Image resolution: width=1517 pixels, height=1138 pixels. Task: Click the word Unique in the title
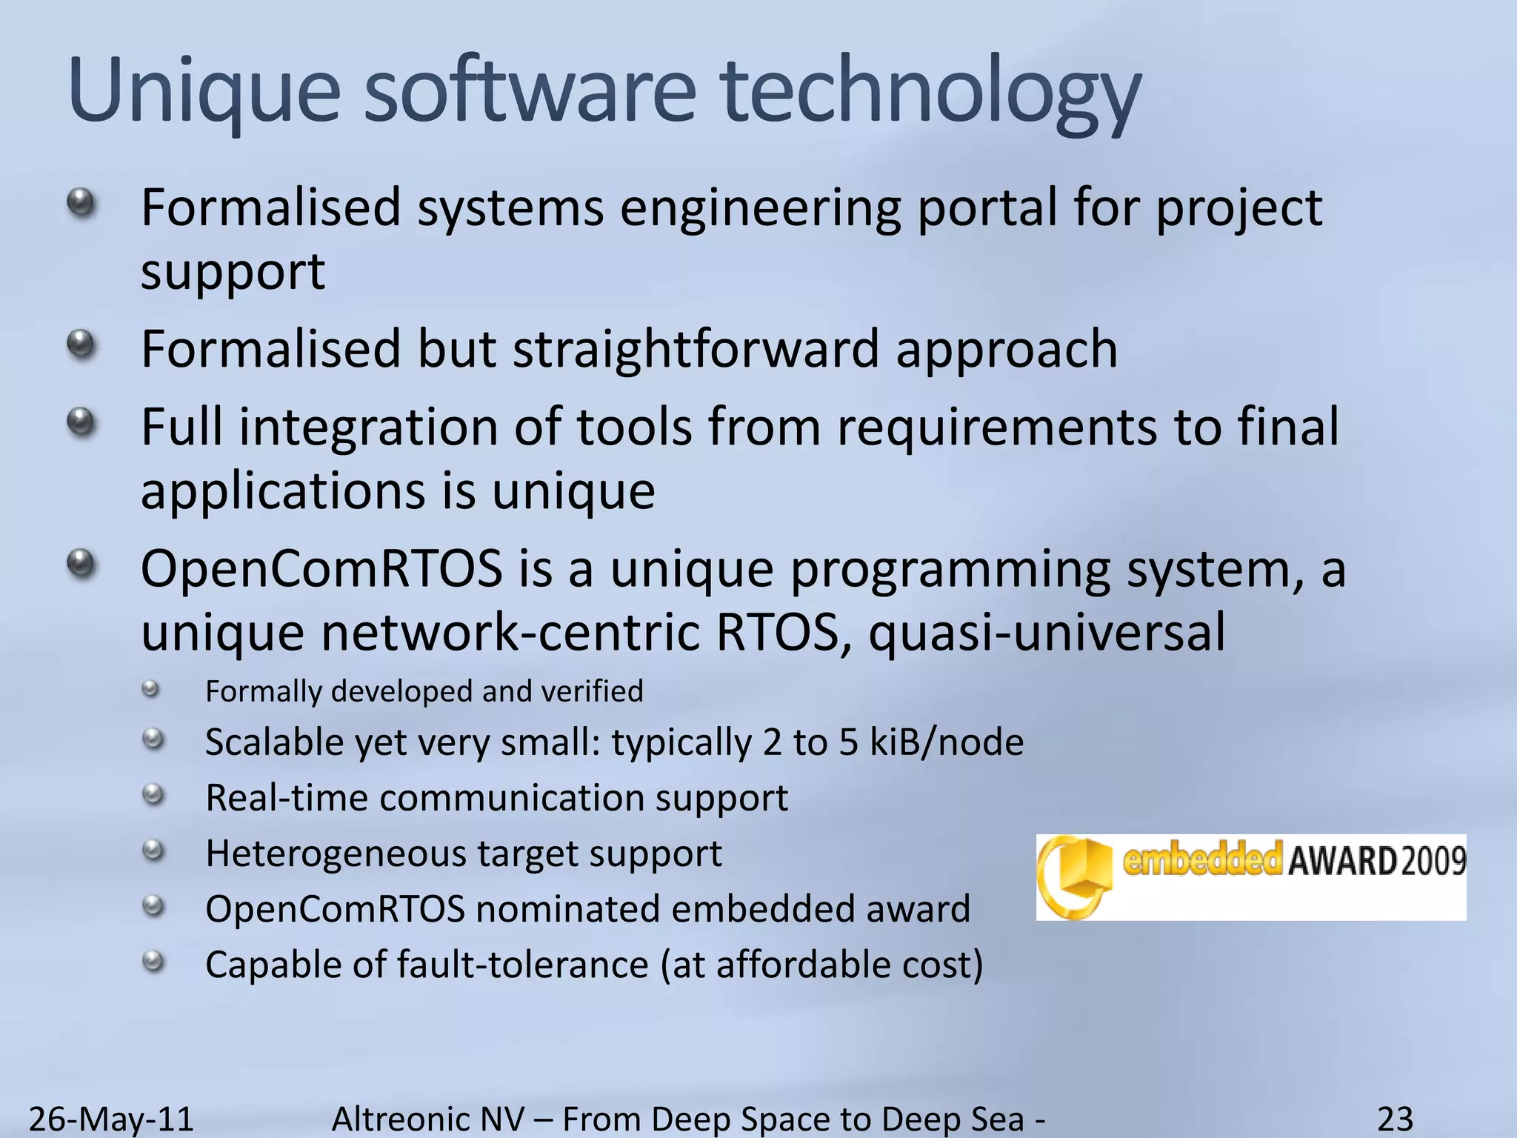pos(204,93)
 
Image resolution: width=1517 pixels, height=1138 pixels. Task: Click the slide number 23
pos(1395,1118)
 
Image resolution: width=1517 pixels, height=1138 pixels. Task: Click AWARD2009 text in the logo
pos(1376,861)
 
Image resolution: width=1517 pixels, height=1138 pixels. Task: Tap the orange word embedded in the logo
pos(1201,859)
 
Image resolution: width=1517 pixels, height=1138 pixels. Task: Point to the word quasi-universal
pos(1046,633)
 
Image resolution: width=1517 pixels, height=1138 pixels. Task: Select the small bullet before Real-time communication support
pos(153,796)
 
